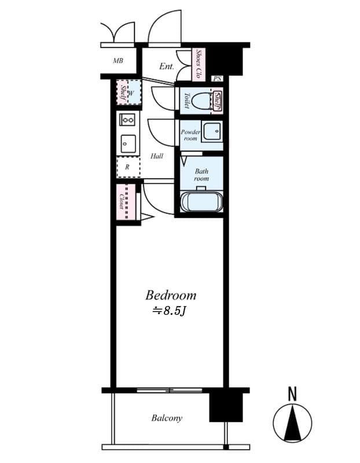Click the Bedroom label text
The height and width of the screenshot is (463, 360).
click(x=171, y=295)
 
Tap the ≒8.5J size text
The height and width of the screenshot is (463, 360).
click(x=168, y=311)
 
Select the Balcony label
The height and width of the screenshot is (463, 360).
click(x=167, y=418)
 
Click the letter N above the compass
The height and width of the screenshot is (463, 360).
click(x=292, y=395)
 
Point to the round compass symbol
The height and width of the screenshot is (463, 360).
click(x=292, y=421)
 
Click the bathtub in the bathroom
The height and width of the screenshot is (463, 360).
click(x=201, y=203)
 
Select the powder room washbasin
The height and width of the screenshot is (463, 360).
click(x=211, y=132)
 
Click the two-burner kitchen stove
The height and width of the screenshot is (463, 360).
click(x=127, y=119)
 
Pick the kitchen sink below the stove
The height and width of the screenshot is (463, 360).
click(x=127, y=142)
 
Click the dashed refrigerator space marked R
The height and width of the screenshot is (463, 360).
click(x=127, y=167)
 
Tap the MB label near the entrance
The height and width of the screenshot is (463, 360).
click(x=118, y=60)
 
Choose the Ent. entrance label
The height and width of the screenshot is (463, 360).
click(x=166, y=66)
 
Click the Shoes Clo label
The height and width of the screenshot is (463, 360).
click(x=199, y=64)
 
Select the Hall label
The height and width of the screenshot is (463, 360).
click(x=156, y=156)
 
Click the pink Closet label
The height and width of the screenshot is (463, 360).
click(x=123, y=201)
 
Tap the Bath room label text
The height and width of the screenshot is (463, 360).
click(x=201, y=175)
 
